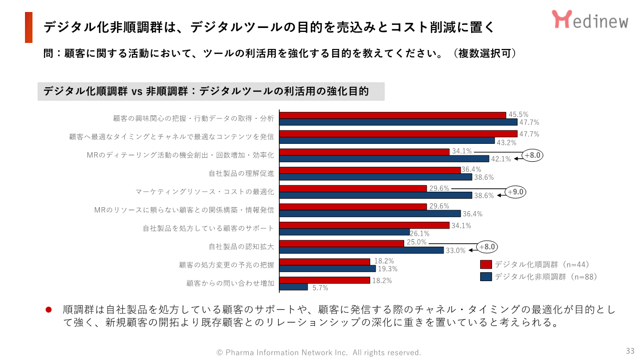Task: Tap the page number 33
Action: tap(630, 351)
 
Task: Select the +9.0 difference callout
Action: tap(516, 192)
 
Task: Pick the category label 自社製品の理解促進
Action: tap(241, 174)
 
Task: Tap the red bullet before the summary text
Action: tap(49, 310)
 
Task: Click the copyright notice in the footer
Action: tap(319, 353)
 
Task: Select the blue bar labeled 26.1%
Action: tap(344, 232)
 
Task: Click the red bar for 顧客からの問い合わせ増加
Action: tap(324, 280)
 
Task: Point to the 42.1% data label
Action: tap(501, 159)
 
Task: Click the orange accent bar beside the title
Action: tap(28, 27)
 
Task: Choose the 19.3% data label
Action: tap(388, 269)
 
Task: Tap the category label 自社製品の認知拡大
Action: tap(241, 247)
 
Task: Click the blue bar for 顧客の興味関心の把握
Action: tap(398, 122)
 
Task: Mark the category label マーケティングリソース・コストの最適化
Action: tap(205, 192)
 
